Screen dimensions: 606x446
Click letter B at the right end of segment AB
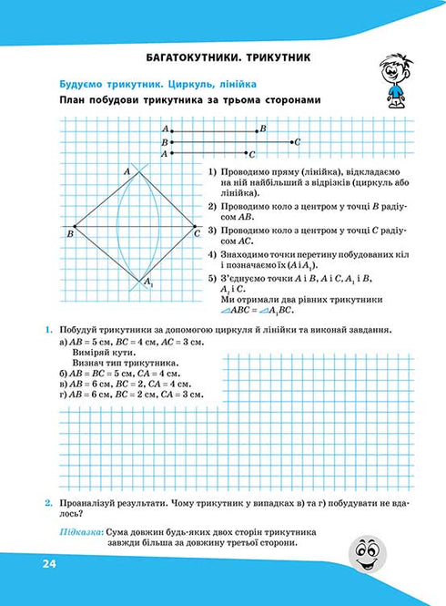pyautogui.click(x=262, y=130)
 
